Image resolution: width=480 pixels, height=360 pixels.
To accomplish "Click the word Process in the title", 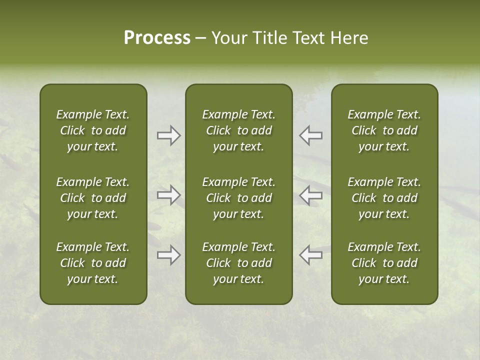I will pos(157,38).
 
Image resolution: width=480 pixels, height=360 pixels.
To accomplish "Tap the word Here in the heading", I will pos(349,38).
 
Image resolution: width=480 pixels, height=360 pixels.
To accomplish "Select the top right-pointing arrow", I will pos(168,135).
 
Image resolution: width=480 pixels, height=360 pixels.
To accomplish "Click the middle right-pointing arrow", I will pos(168,195).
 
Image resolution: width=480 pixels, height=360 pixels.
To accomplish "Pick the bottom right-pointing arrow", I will pos(168,255).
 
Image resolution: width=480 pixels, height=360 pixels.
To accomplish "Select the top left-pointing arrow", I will pos(311,135).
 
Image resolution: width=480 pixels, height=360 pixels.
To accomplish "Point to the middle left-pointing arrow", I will pos(311,195).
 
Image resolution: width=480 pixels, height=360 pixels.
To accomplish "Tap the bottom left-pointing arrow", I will pos(311,255).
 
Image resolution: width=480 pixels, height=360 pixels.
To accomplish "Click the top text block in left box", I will pos(93,130).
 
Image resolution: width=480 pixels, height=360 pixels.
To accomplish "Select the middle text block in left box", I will pos(93,198).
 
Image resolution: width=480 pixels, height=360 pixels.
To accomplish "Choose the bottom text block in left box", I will pos(93,263).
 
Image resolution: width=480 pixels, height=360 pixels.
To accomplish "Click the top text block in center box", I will pos(238,130).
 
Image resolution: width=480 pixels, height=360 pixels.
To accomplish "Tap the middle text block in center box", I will pos(238,198).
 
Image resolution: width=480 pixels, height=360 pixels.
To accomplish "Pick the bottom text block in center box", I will pos(238,263).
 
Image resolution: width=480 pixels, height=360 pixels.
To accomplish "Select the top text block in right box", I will pos(384,130).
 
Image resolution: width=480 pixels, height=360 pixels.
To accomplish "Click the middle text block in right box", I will pos(384,198).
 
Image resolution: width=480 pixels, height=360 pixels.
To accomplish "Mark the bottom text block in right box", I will pos(384,263).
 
